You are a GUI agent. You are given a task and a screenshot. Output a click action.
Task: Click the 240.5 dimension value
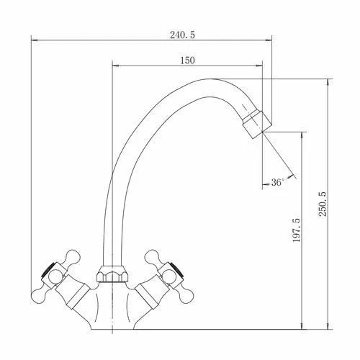[183, 35]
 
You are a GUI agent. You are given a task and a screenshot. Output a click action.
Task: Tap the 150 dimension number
[187, 60]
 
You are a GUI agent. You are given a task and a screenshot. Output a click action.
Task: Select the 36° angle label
[278, 182]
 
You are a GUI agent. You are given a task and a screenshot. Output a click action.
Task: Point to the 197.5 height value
[297, 230]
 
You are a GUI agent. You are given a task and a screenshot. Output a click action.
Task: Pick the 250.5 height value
[323, 204]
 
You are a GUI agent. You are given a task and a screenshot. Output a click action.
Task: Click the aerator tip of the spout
[257, 124]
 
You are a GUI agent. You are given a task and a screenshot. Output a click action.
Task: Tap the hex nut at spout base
[112, 274]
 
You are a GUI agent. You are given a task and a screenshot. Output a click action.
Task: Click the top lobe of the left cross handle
[72, 257]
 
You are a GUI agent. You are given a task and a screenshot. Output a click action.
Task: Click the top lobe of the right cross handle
[153, 257]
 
